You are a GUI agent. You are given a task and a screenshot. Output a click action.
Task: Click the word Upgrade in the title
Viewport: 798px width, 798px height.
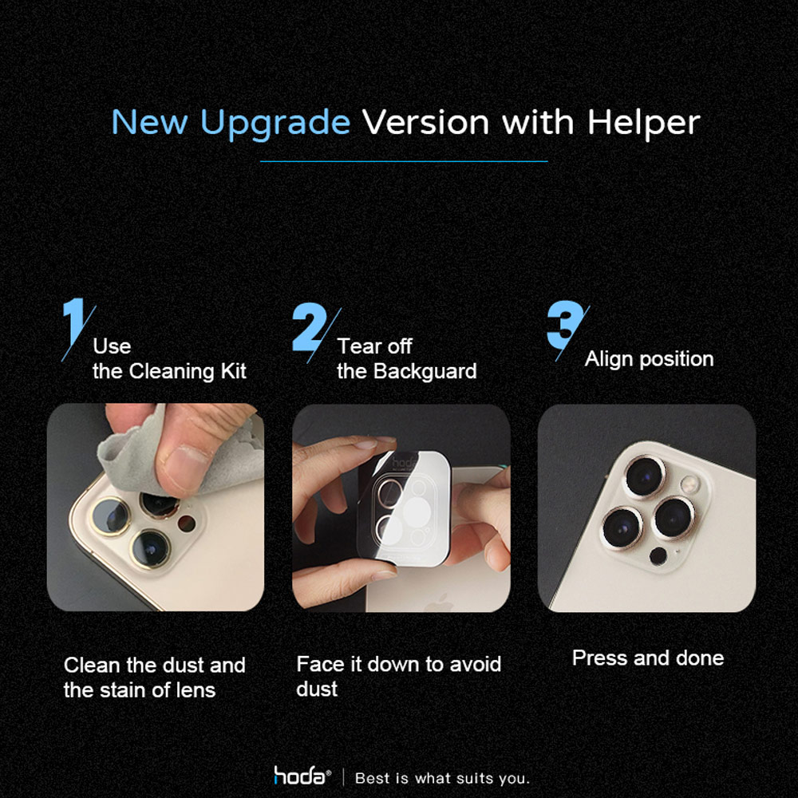click(275, 123)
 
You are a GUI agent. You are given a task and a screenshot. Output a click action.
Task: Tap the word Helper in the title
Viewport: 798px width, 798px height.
click(643, 123)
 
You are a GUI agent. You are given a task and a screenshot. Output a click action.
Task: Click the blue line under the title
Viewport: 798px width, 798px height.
click(404, 161)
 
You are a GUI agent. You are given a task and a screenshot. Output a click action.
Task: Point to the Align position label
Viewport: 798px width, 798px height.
click(649, 359)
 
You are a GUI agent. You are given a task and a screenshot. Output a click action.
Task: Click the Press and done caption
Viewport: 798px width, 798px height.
click(648, 658)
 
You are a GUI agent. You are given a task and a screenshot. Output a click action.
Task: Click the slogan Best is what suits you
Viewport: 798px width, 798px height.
click(442, 778)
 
